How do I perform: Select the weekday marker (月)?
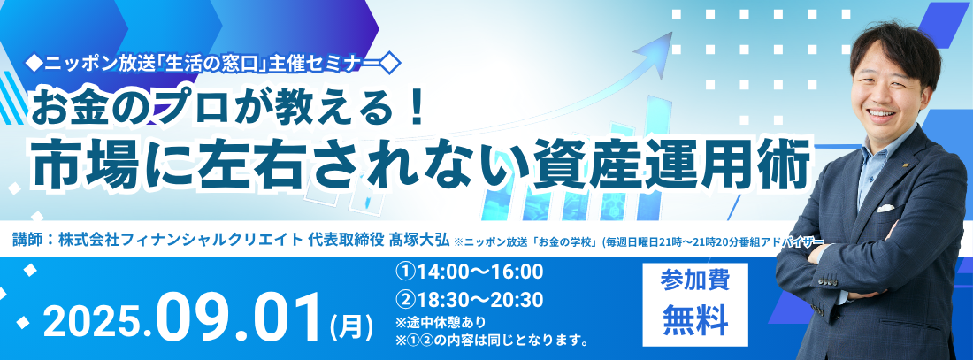pyautogui.click(x=352, y=326)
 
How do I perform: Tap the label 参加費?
pyautogui.click(x=694, y=280)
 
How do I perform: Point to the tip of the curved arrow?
pyautogui.click(x=672, y=33)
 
